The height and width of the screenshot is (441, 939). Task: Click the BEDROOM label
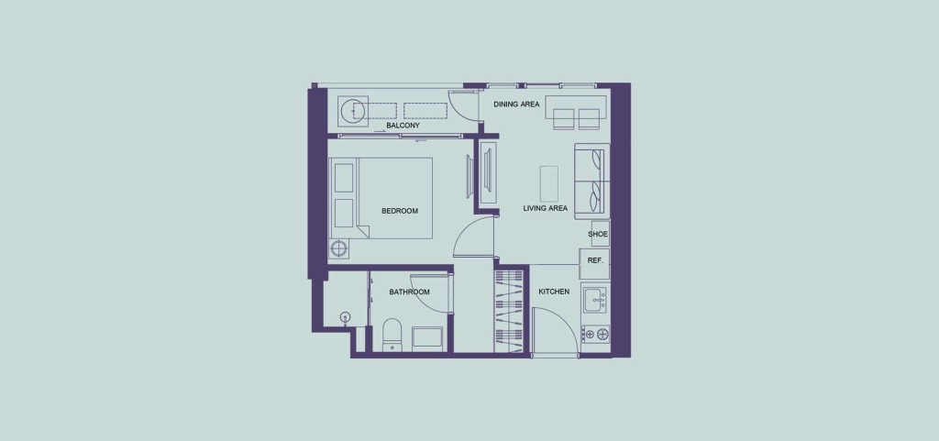click(400, 211)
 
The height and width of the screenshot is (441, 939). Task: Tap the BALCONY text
click(403, 126)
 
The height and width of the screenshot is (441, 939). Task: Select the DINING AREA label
click(516, 105)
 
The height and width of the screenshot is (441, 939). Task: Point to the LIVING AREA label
click(545, 208)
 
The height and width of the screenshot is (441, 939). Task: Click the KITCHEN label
click(554, 292)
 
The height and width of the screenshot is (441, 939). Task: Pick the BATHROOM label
click(410, 292)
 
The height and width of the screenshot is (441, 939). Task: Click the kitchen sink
click(595, 299)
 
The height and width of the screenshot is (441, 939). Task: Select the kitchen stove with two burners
click(595, 334)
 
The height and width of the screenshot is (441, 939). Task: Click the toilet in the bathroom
click(392, 336)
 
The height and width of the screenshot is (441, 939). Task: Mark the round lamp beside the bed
click(339, 248)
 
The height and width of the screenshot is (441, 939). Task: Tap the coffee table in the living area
click(549, 183)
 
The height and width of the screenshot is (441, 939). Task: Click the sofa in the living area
click(591, 182)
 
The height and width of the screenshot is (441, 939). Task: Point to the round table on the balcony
click(351, 111)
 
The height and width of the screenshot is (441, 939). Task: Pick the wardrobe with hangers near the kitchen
click(508, 311)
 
